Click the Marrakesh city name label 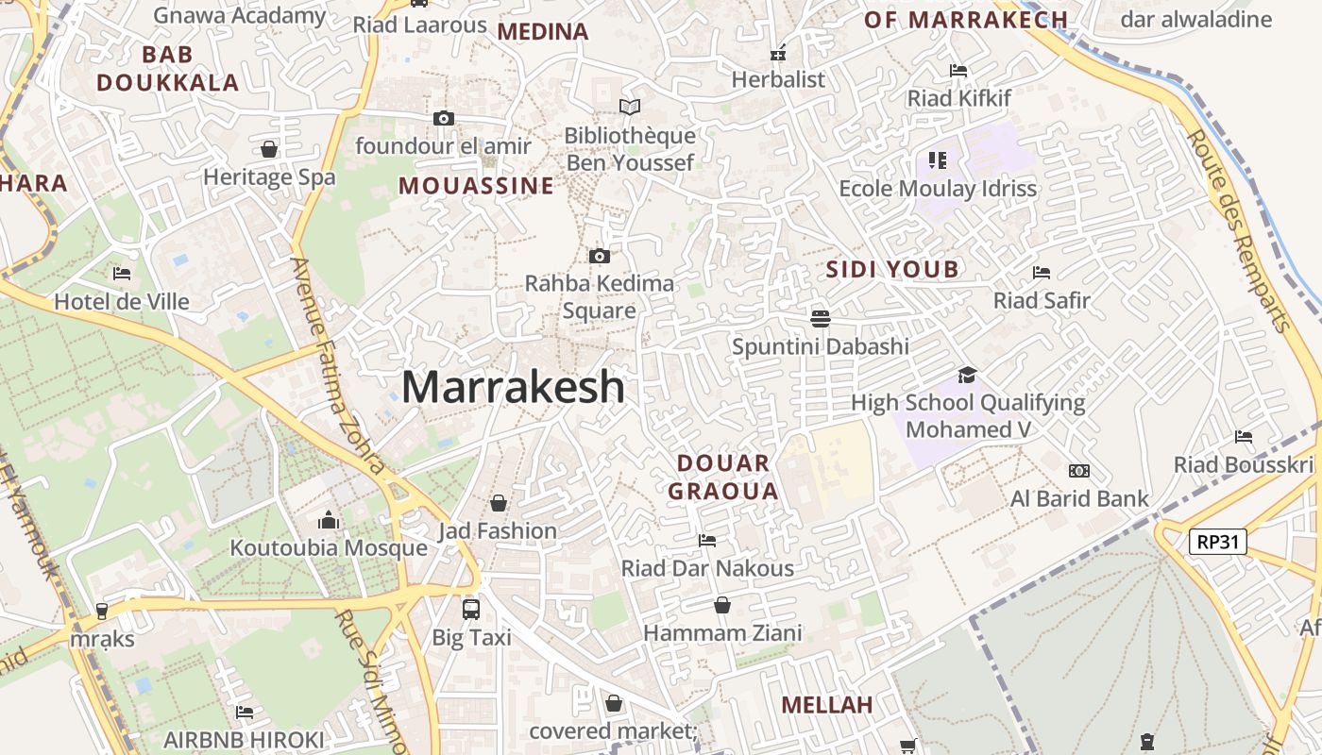point(514,387)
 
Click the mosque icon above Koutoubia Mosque point(329,520)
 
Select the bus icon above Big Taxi point(471,609)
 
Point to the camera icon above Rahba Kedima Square point(599,256)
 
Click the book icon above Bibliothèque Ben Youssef point(630,108)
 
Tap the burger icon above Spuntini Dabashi point(820,318)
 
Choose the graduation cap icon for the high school point(967,376)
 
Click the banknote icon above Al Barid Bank point(1079,471)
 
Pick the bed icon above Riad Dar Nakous point(706,540)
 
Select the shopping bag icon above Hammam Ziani point(722,605)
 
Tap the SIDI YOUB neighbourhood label point(892,270)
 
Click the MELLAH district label point(827,705)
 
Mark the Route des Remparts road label point(1238,230)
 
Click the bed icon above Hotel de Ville point(122,274)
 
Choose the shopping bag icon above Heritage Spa point(269,149)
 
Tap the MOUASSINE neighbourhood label point(476,186)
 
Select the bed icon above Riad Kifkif point(958,70)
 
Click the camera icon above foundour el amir point(443,118)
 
